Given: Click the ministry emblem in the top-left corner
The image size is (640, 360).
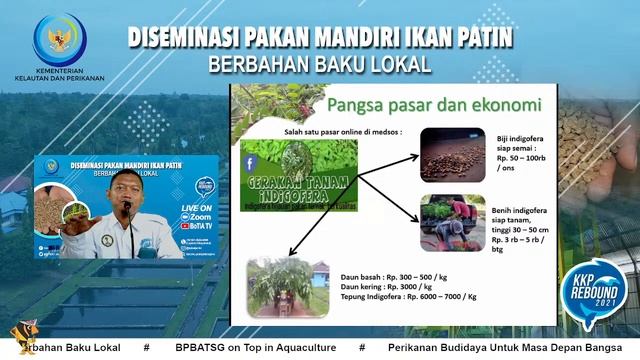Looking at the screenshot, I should coord(59,39).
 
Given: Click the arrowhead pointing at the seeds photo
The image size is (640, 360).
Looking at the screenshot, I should coord(415,151).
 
